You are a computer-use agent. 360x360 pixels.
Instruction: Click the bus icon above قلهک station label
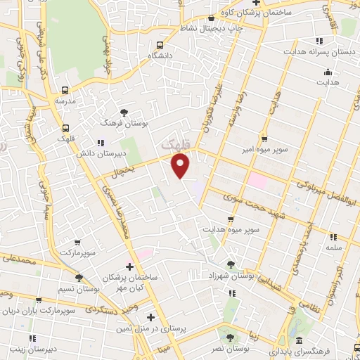click(x=65, y=129)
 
